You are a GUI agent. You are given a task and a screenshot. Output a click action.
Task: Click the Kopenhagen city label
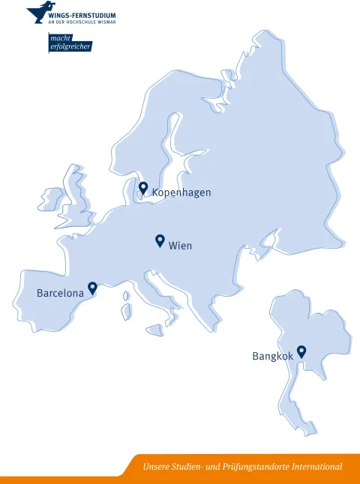click(181, 193)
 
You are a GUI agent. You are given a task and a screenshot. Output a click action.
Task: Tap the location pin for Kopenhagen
click(143, 187)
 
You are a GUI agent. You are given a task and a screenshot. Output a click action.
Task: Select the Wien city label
click(181, 246)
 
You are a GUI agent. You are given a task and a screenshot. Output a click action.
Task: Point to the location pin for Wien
click(160, 241)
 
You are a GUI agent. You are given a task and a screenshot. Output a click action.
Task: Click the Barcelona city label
click(60, 293)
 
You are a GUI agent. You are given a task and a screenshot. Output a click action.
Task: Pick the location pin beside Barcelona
click(92, 288)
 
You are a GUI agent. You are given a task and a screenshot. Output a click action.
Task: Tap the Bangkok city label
click(272, 357)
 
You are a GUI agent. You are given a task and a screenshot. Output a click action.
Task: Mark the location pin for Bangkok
click(301, 351)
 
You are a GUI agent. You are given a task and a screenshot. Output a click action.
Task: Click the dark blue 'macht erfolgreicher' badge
click(69, 43)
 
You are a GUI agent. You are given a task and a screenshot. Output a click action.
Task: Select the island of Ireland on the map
click(51, 199)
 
